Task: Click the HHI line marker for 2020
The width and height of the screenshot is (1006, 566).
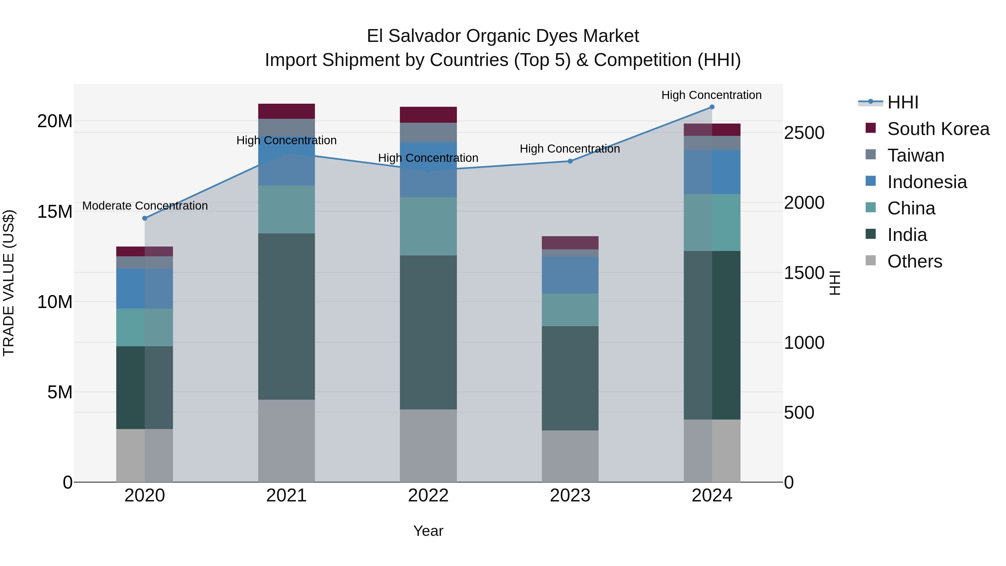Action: [x=145, y=218]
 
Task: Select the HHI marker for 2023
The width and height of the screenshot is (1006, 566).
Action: [x=570, y=161]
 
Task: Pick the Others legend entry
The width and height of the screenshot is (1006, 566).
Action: [x=914, y=261]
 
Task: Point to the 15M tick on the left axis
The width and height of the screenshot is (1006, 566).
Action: [x=55, y=212]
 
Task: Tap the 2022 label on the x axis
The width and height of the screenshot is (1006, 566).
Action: [x=428, y=496]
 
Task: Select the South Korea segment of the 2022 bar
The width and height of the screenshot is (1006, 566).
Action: [x=428, y=115]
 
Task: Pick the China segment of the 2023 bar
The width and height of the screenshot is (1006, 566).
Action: [x=570, y=310]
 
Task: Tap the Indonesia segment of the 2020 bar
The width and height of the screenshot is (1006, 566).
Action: [x=145, y=289]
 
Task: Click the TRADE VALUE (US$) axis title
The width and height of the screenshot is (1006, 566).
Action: [x=9, y=283]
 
